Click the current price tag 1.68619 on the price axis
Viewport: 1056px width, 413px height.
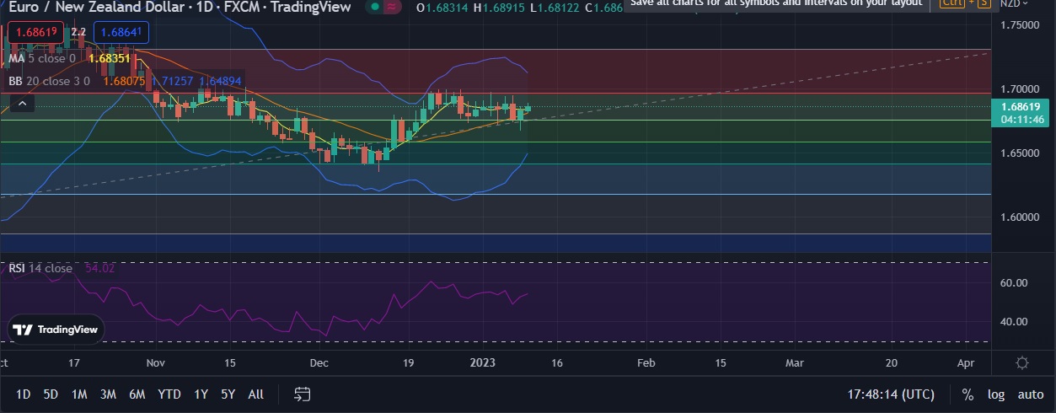coord(1023,107)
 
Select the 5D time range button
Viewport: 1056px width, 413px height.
coord(51,394)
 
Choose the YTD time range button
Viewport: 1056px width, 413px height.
coord(169,394)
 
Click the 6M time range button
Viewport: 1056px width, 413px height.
coord(137,394)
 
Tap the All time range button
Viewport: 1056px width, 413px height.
coord(256,394)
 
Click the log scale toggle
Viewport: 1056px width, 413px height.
coord(996,394)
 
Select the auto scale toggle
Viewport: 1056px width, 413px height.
coord(1030,394)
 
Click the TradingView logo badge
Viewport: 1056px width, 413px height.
coord(56,330)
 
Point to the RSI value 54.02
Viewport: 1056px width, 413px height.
coord(99,268)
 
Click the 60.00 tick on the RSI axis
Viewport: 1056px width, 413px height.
coord(1015,283)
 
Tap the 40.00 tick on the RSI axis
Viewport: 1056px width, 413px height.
coord(1015,322)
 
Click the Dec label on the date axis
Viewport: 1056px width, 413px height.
coord(319,363)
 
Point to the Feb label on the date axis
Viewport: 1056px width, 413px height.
coord(646,363)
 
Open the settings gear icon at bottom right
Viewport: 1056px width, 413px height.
coord(1022,363)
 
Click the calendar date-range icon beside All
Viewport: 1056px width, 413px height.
coord(303,394)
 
